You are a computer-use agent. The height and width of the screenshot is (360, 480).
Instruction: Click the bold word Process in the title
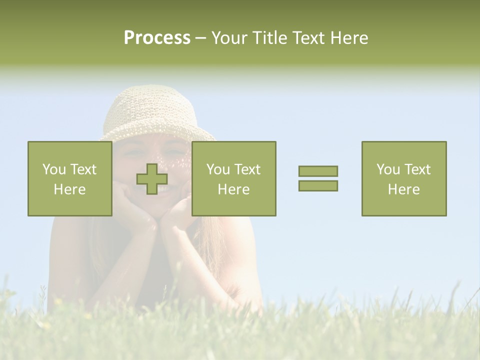[x=157, y=37]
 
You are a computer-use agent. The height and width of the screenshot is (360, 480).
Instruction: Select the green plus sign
[x=152, y=179]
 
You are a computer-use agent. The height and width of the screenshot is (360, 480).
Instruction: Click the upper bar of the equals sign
[x=318, y=171]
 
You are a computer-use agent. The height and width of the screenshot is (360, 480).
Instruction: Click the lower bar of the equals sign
[x=318, y=185]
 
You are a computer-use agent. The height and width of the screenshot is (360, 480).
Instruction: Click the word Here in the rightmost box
[x=403, y=189]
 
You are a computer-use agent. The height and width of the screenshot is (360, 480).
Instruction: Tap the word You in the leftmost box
[x=54, y=169]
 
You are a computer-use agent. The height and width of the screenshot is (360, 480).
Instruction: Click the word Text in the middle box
[x=248, y=169]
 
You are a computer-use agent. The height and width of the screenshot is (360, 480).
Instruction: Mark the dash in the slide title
[x=201, y=37]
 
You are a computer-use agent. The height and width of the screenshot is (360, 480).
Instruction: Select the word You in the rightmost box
[x=388, y=169]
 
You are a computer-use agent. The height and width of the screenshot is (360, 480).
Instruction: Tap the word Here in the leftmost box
[x=69, y=189]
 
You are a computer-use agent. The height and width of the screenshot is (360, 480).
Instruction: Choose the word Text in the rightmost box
[x=418, y=169]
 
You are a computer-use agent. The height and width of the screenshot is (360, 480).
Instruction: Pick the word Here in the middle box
[x=233, y=189]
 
